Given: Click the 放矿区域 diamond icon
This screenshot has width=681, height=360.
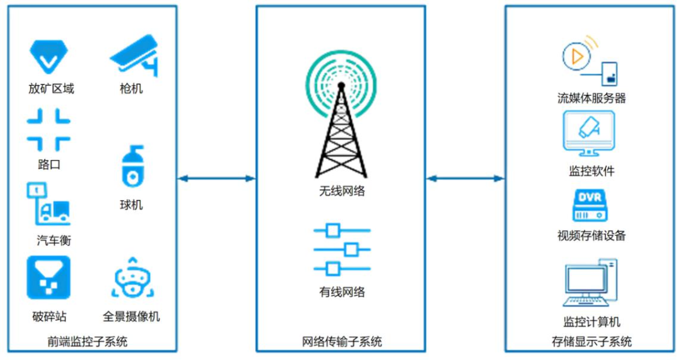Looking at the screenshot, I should (49, 55).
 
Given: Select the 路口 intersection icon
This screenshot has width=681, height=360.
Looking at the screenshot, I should (48, 129).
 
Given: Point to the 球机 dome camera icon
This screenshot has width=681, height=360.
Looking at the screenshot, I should (132, 167).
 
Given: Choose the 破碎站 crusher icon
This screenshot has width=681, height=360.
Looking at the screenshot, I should (48, 277).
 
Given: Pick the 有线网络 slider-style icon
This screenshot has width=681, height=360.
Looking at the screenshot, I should (340, 250).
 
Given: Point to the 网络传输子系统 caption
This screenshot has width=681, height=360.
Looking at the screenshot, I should (341, 342).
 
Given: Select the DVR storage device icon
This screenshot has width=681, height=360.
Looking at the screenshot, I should (590, 205).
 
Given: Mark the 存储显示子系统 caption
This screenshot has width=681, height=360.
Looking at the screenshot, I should (591, 342).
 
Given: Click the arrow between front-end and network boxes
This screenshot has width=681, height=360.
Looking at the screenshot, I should (216, 178).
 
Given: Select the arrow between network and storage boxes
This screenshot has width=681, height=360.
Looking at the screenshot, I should (465, 178).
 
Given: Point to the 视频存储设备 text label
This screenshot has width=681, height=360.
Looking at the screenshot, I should (591, 236).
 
